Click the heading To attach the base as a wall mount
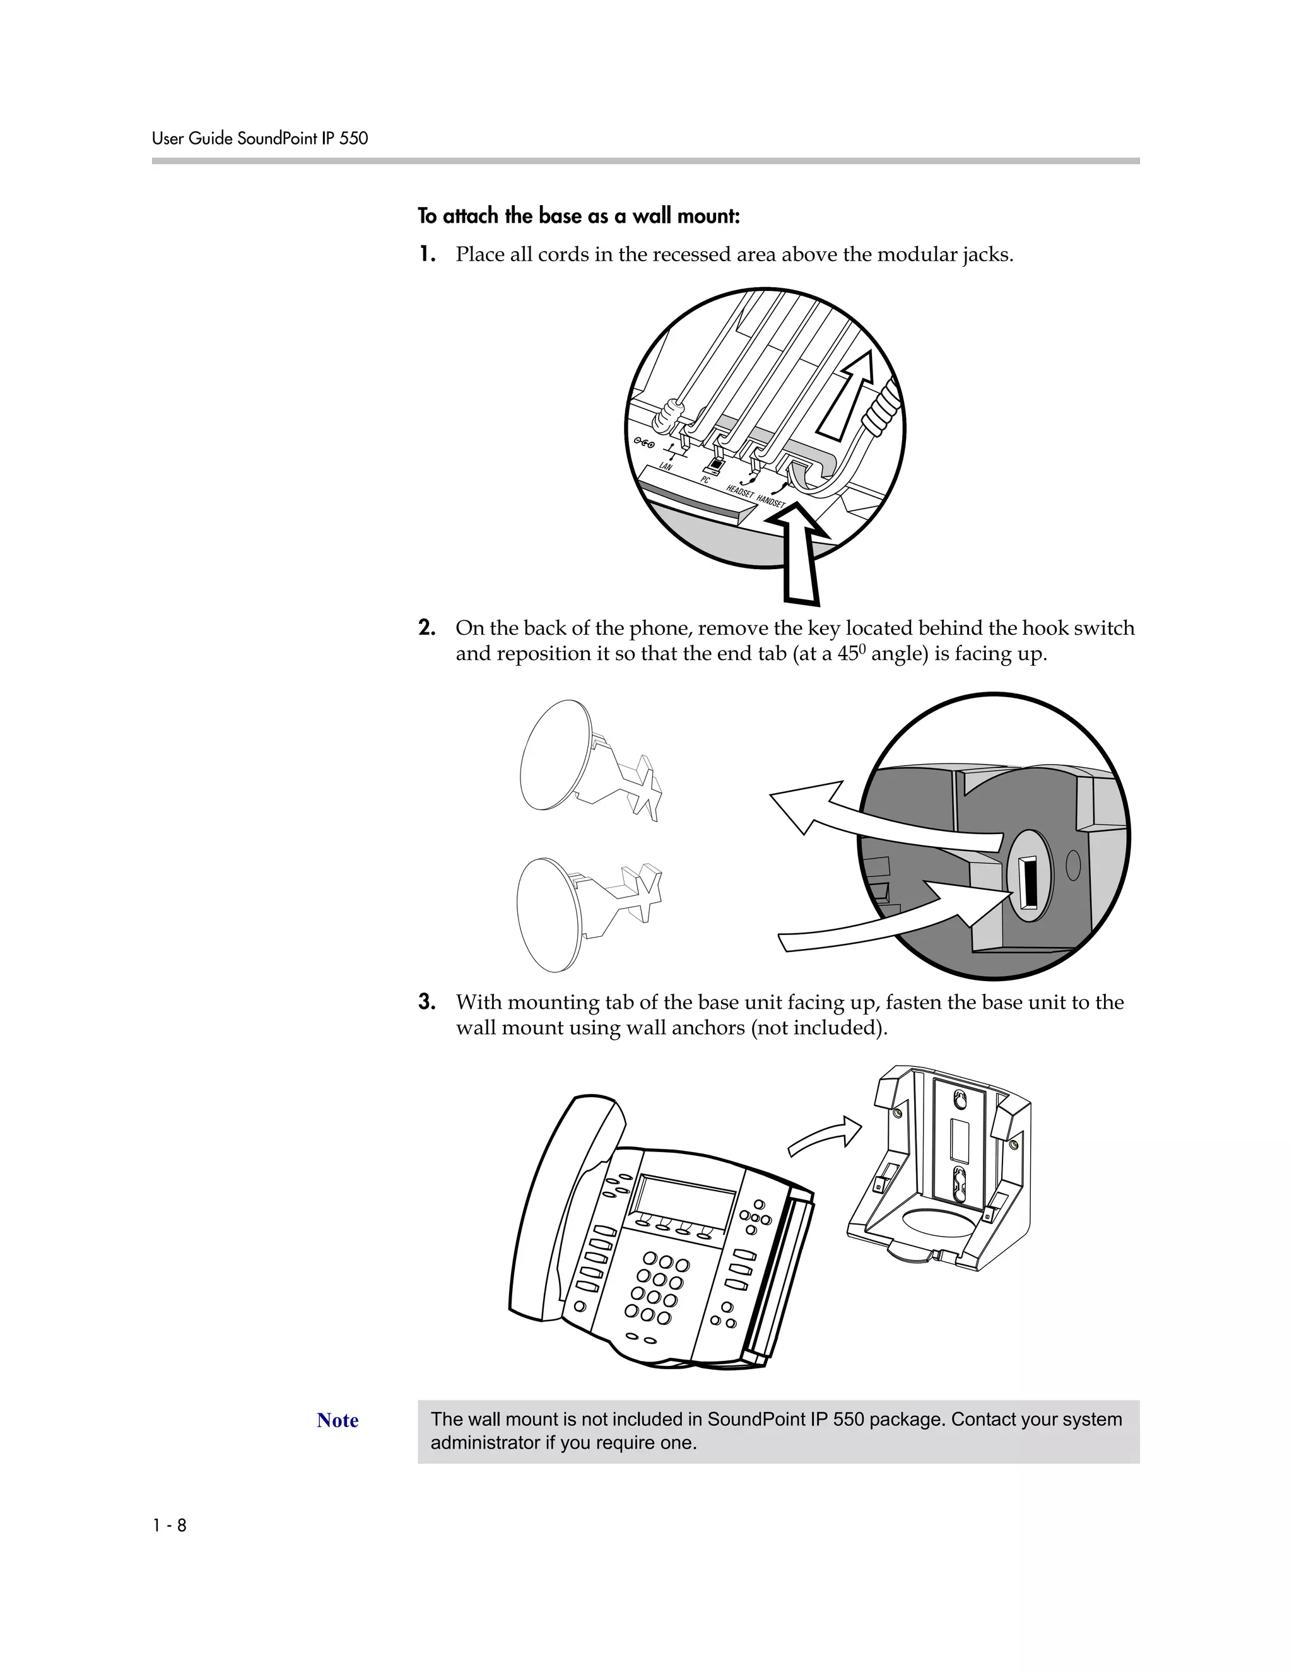coord(578,216)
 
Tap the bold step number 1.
coord(427,254)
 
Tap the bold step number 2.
coord(427,628)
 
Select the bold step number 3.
coord(427,1002)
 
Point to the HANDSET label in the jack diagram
coord(771,501)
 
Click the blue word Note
coord(338,1420)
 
